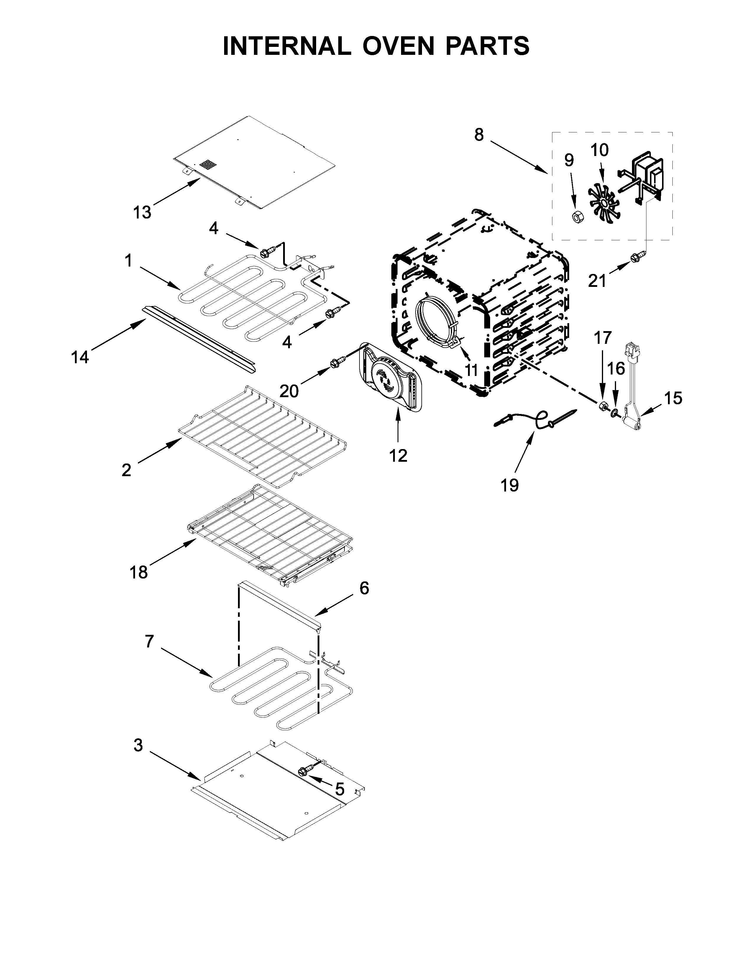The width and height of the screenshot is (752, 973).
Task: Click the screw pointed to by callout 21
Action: [x=634, y=257]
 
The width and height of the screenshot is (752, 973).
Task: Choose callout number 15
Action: [x=673, y=398]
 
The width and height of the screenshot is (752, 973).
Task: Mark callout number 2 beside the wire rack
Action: [x=127, y=470]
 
